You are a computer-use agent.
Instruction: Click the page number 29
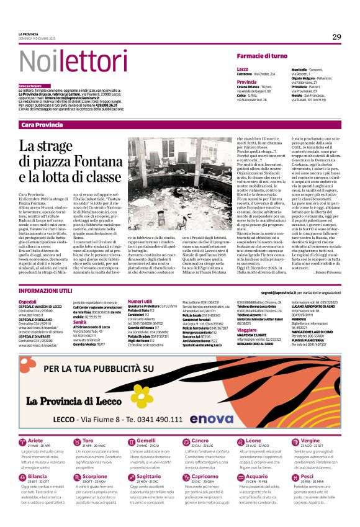336,37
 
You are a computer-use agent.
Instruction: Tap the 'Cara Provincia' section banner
42,125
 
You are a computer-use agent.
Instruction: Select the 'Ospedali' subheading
28,302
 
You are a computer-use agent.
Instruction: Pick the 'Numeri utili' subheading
140,302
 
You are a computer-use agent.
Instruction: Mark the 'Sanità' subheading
79,322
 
